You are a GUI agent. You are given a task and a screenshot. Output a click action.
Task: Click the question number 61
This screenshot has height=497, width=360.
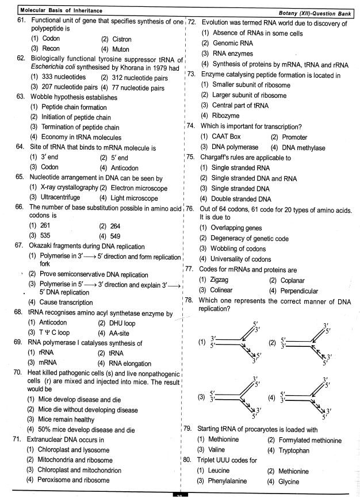[22, 21]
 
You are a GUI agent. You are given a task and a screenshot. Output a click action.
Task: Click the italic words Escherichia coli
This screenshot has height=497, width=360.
[52, 68]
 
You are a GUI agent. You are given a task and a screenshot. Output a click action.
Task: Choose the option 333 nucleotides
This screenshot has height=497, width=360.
[56, 77]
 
